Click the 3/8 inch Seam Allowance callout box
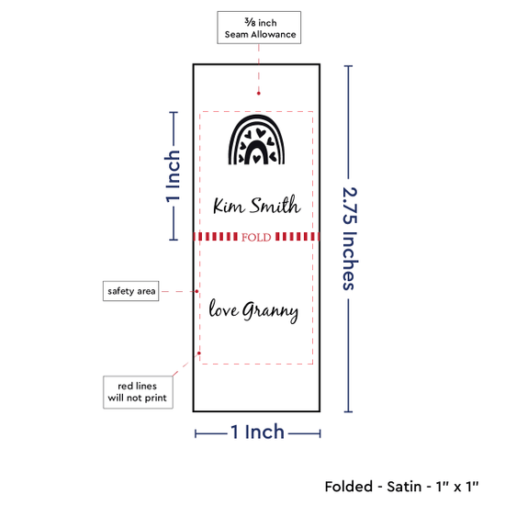[259, 28]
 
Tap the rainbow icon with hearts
[256, 140]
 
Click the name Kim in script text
[229, 206]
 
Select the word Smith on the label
[275, 204]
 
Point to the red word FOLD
[256, 238]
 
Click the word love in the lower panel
[224, 309]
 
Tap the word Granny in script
[270, 311]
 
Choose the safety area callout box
[130, 291]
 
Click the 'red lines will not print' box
[138, 392]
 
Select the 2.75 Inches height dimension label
[350, 239]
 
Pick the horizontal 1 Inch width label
[258, 432]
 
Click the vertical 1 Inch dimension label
[173, 176]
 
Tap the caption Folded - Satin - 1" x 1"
[401, 487]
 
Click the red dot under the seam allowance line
[259, 94]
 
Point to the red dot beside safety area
[196, 291]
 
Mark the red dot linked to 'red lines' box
[199, 353]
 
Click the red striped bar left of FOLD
[216, 237]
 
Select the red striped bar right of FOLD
[297, 237]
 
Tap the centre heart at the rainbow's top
[260, 132]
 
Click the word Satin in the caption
[404, 487]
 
